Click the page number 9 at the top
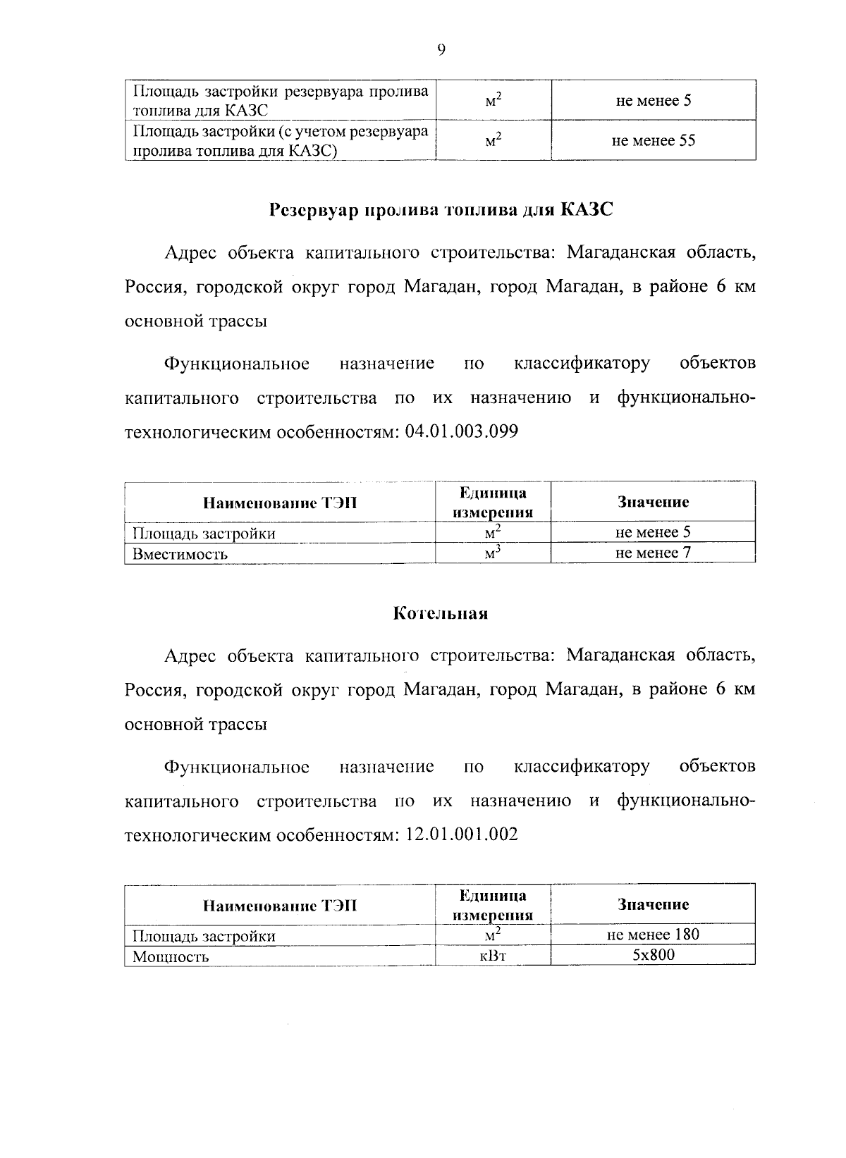[441, 49]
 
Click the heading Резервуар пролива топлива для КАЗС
[441, 210]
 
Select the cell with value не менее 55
[654, 140]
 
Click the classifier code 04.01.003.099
[462, 431]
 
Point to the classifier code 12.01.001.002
[462, 834]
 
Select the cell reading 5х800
[654, 955]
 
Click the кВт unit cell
[493, 956]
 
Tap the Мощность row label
[171, 956]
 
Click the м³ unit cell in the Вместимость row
[493, 553]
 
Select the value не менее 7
[654, 552]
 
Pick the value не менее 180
[654, 935]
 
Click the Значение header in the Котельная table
[654, 904]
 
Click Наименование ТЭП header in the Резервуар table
[280, 503]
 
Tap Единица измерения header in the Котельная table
[493, 905]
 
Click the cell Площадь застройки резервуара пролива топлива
[281, 101]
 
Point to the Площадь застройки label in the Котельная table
[204, 936]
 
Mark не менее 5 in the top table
[654, 100]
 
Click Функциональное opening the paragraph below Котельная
[237, 766]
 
